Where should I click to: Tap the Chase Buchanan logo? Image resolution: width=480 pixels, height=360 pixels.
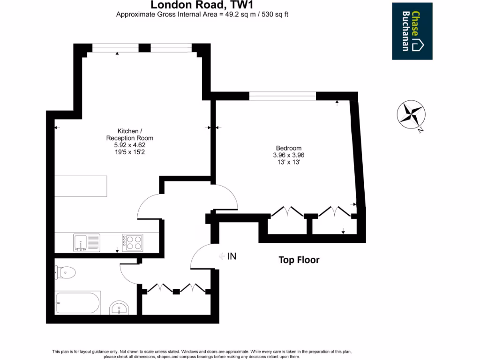(412, 31)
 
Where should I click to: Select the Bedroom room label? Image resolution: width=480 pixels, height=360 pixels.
(288, 148)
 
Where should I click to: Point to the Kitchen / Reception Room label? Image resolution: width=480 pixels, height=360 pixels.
(130, 135)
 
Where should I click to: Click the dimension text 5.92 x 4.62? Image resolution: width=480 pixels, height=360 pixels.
(130, 145)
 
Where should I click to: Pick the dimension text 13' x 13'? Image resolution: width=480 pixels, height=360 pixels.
(289, 162)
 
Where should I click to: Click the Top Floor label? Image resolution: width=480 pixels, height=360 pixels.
(299, 260)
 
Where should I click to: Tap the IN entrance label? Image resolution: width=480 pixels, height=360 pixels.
(231, 256)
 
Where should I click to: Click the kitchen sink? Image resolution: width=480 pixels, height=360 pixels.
(87, 242)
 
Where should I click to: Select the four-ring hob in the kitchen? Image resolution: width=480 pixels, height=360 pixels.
(133, 242)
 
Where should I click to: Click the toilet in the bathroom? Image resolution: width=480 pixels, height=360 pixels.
(65, 272)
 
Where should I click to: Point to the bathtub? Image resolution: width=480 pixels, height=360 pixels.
(77, 304)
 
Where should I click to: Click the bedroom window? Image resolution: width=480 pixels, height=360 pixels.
(283, 96)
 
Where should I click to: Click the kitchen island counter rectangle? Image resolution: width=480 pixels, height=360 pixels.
(81, 187)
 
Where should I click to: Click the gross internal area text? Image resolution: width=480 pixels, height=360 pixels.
(202, 14)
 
